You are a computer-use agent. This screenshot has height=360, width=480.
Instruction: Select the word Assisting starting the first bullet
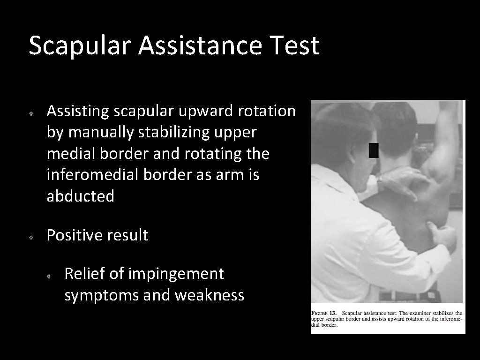(x=77, y=112)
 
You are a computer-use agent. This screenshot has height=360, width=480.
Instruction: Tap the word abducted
(x=80, y=196)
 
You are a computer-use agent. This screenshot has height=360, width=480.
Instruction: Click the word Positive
(x=76, y=235)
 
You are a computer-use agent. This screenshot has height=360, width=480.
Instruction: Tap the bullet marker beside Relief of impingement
(x=49, y=277)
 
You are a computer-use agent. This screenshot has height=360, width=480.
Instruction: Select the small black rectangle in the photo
(x=373, y=150)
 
